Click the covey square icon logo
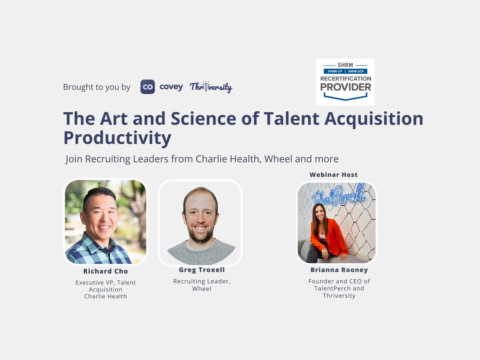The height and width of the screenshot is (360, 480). (x=148, y=87)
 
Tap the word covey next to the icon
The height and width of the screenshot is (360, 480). (x=171, y=87)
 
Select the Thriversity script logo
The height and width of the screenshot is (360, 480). (x=211, y=87)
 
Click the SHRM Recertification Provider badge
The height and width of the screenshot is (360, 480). (x=345, y=82)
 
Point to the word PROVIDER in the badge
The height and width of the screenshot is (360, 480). (x=345, y=87)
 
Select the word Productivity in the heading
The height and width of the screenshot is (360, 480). (x=117, y=138)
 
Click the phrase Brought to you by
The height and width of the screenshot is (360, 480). (x=96, y=87)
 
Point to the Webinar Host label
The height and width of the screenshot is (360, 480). (x=334, y=174)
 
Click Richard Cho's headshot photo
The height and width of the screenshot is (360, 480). (x=106, y=222)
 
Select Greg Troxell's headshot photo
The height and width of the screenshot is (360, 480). (x=200, y=223)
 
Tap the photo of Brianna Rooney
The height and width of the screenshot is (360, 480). (x=336, y=222)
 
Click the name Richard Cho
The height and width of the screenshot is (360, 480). (x=106, y=271)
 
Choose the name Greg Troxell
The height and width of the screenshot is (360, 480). (x=202, y=270)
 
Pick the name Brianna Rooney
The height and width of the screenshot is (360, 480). (x=339, y=270)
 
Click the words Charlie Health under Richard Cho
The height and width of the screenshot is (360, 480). (x=106, y=296)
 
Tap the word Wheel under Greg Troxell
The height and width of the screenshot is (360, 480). (x=202, y=288)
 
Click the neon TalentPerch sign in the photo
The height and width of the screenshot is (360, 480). (x=338, y=195)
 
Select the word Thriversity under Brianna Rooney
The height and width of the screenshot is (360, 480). (x=339, y=296)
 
